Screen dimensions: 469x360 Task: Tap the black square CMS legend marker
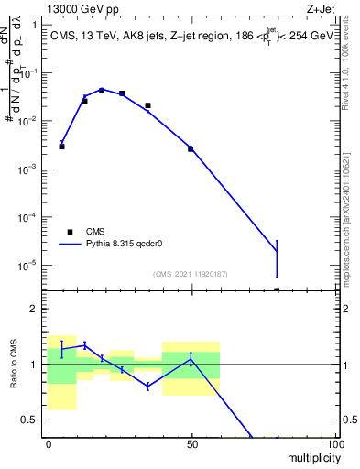coord(69,232)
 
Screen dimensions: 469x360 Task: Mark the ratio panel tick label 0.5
coord(32,420)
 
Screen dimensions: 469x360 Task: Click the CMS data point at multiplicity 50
coord(191,148)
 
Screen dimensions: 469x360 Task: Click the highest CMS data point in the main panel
coord(102,91)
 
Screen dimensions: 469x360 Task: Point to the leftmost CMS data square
coord(62,147)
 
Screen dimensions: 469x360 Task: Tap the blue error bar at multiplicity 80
coord(277,257)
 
